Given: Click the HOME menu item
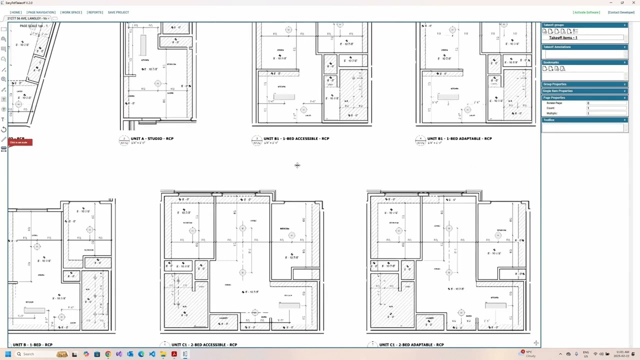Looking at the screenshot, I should [x=15, y=12].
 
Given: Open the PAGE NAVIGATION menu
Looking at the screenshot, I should [x=41, y=12].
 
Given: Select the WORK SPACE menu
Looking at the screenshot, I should [x=71, y=12].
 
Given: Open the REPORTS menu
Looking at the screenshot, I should [x=94, y=12].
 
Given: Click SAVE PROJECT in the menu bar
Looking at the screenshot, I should [x=118, y=12].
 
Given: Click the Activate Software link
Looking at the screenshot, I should [x=586, y=12].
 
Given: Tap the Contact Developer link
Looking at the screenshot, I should [x=621, y=12].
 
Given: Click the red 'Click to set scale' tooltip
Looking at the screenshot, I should [x=20, y=142].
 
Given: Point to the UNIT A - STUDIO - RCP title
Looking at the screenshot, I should [x=152, y=138].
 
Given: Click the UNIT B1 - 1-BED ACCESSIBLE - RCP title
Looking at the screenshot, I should [x=296, y=138].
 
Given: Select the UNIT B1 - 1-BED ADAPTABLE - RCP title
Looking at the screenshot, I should [x=460, y=138].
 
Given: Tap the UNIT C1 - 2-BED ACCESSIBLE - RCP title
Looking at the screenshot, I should [x=204, y=344].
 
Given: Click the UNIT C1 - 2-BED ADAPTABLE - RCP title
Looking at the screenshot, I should [x=411, y=344].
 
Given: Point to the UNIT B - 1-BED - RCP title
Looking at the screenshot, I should [x=32, y=344].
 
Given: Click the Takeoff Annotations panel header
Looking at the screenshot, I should [x=557, y=47].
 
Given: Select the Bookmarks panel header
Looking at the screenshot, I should [x=551, y=62].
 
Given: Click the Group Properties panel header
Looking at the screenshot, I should [x=555, y=84].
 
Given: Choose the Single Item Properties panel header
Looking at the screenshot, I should [x=558, y=91].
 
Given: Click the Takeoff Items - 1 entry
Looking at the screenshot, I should [x=563, y=38].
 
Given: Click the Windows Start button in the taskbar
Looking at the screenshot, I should [x=8, y=354].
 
